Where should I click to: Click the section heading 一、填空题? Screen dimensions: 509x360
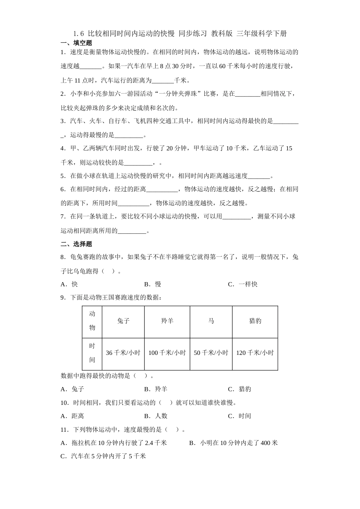click(x=76, y=43)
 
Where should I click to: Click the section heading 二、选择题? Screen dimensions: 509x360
click(x=76, y=244)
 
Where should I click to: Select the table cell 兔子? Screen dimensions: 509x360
click(x=123, y=321)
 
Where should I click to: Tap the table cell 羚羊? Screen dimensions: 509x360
click(x=167, y=321)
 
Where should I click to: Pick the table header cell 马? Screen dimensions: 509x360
click(x=211, y=321)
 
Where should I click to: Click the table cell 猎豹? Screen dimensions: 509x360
click(x=255, y=321)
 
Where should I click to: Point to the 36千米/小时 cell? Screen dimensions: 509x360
click(x=123, y=353)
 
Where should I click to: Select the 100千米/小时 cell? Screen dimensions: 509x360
click(x=167, y=353)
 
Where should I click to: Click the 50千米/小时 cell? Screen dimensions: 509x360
click(x=211, y=353)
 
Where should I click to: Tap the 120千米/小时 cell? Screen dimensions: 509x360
click(x=255, y=353)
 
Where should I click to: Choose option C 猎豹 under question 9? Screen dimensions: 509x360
click(x=239, y=389)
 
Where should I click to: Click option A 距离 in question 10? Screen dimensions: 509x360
click(x=72, y=416)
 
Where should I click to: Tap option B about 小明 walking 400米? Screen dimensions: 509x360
click(x=233, y=443)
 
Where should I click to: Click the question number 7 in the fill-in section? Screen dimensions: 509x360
click(x=63, y=217)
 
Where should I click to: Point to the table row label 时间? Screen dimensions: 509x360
click(x=92, y=353)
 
